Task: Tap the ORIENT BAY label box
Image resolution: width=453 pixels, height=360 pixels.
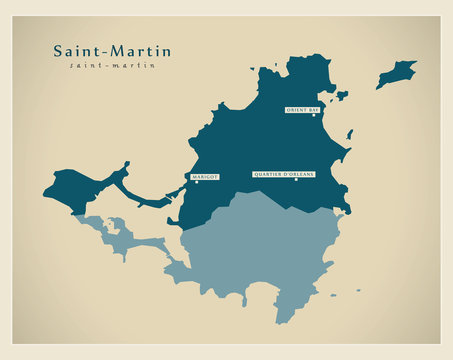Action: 303,110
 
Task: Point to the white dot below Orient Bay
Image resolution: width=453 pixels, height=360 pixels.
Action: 313,116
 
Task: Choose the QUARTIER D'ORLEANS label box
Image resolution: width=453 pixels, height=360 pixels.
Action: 283,174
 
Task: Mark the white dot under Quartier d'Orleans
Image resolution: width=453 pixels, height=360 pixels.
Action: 297,180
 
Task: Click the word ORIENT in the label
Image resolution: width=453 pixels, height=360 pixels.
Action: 297,110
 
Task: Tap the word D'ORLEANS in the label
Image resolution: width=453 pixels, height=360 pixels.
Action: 299,174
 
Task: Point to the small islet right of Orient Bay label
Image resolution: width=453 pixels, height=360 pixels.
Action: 342,96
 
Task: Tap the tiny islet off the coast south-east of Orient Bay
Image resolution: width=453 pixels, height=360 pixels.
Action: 349,133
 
